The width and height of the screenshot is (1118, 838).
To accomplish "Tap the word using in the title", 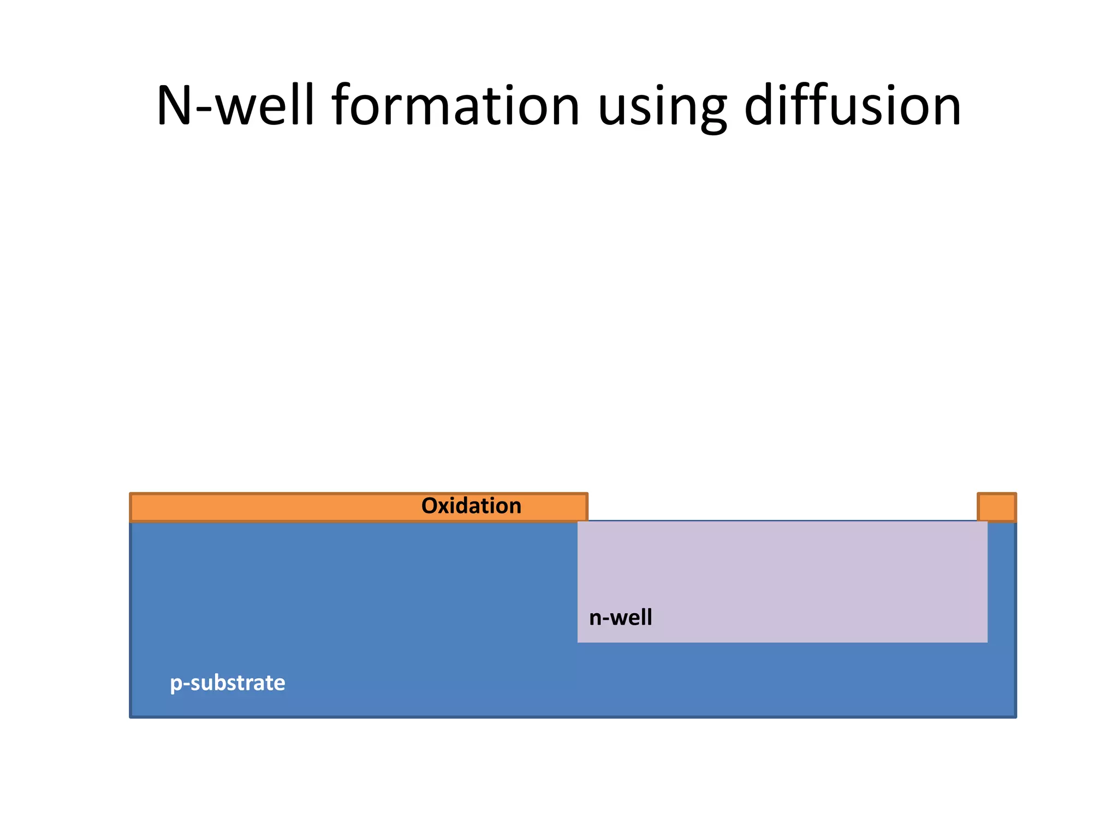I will pyautogui.click(x=662, y=107).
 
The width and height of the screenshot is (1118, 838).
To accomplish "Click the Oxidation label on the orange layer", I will pyautogui.click(x=471, y=506).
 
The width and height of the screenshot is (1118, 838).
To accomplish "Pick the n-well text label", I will pyautogui.click(x=620, y=618).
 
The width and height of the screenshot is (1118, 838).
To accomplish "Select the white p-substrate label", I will pyautogui.click(x=227, y=683).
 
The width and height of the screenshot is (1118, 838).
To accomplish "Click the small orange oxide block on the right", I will pyautogui.click(x=996, y=507).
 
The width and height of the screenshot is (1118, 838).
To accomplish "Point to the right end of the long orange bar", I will pyautogui.click(x=586, y=507).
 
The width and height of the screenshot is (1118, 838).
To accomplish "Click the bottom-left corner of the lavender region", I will pyautogui.click(x=579, y=641).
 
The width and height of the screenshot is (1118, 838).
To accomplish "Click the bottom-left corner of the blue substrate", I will pyautogui.click(x=132, y=716).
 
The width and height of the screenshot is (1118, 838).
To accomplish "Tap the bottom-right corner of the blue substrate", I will pyautogui.click(x=1015, y=716).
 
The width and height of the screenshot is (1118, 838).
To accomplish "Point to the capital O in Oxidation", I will pyautogui.click(x=430, y=506).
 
